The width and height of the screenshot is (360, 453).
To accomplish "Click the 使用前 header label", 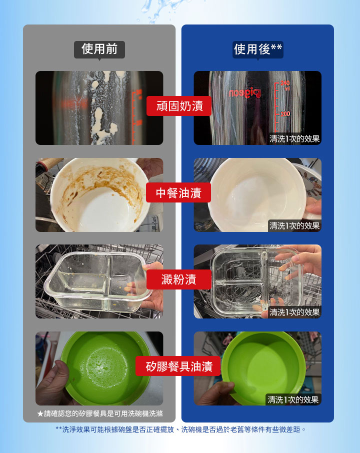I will coord(99,49).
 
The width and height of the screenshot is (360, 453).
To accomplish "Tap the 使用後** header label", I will coord(258,49).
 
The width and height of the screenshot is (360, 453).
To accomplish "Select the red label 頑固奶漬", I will coord(179,106).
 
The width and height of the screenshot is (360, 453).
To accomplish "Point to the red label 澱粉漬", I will coord(178,279).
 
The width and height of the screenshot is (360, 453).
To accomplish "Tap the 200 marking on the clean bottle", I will coord(285,114).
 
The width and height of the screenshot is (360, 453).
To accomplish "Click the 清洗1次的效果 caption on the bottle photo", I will coord(294,138).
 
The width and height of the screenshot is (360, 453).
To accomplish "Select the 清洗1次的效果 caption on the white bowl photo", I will coord(294,225).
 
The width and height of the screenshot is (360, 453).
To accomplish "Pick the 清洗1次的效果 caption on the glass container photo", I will coord(294,312).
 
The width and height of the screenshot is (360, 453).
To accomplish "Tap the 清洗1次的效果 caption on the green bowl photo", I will coord(293,399).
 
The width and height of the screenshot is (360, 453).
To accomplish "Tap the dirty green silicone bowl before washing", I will coord(105,367).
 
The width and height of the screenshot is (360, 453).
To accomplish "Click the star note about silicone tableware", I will coord(99,413).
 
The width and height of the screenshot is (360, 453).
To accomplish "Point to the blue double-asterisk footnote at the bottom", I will coord(180,429).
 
